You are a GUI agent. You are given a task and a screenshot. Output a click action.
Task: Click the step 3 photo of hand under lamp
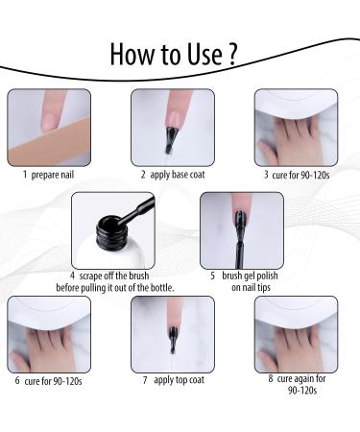(293, 129)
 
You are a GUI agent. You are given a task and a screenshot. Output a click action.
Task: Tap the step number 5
(211, 275)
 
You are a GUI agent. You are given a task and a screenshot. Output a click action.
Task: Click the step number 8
(270, 378)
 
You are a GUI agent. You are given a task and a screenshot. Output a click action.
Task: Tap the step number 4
(73, 275)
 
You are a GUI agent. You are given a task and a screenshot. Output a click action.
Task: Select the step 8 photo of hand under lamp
(293, 334)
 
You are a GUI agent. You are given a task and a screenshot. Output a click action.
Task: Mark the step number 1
(25, 176)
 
